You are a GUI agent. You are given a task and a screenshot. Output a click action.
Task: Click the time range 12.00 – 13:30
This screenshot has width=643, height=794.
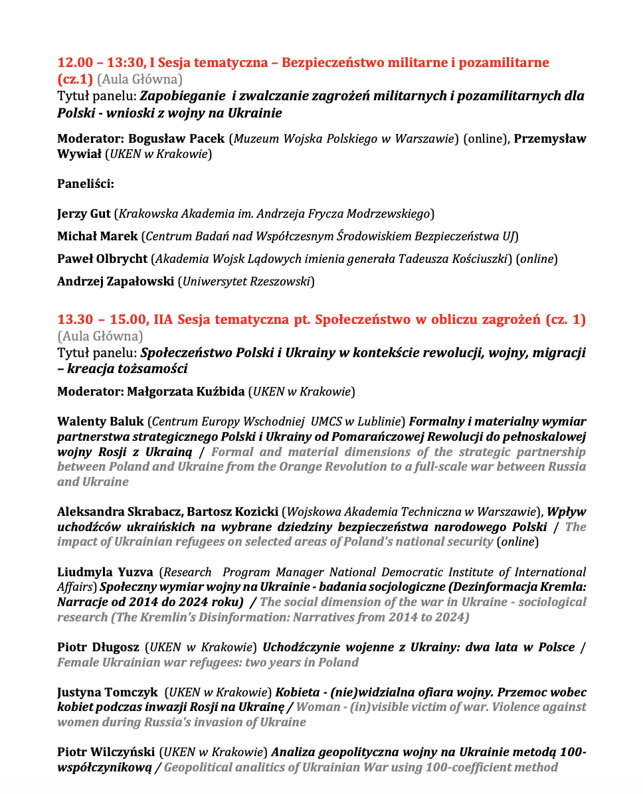coord(99,63)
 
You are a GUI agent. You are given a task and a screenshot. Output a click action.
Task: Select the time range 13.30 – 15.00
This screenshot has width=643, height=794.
coord(99,320)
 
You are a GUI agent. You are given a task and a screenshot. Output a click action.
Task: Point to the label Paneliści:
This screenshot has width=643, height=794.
coord(86,184)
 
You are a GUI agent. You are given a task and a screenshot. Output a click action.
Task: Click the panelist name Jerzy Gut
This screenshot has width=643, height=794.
coord(84,214)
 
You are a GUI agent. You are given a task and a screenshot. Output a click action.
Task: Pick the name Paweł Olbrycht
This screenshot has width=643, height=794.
coord(102,258)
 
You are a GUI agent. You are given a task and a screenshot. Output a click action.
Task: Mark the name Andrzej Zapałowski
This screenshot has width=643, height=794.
coord(116,281)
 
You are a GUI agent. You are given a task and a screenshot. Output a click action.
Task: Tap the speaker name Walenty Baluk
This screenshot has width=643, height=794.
coord(100,422)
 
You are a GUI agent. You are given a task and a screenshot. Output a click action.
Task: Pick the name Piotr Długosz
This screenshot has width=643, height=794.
coord(98,647)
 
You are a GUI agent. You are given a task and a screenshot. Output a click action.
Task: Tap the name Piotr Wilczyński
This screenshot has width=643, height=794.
coord(106,752)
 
